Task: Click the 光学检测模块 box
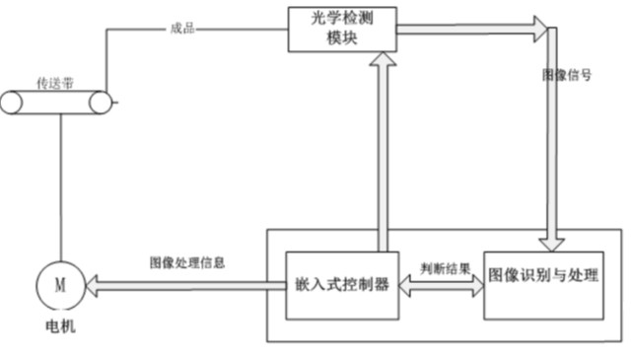(340, 30)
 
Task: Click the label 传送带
(55, 83)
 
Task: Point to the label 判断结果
(440, 267)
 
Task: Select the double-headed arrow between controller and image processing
(440, 285)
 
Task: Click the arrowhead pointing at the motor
(93, 285)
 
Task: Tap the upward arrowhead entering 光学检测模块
(384, 62)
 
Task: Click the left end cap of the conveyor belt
(12, 102)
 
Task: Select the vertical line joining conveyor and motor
(60, 187)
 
